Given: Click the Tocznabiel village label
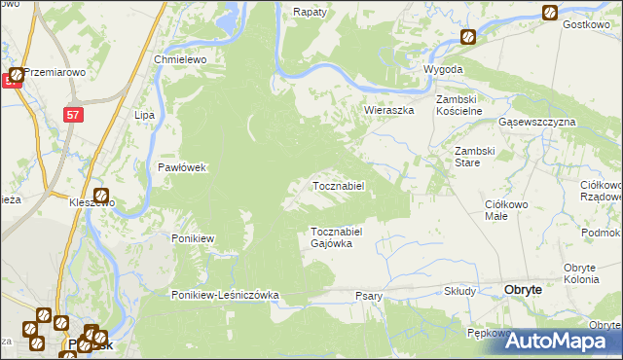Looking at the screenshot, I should [338, 186].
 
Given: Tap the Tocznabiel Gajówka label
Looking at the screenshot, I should [337, 237].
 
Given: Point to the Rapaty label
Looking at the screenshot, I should [311, 13].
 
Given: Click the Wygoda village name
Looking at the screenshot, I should [443, 71].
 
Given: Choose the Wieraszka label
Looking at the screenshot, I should [389, 110].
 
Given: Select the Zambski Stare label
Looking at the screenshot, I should [477, 157].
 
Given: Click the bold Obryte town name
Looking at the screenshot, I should [531, 289].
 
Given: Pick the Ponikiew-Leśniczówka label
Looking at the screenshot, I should [226, 295].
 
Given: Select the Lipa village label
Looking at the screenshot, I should [146, 115].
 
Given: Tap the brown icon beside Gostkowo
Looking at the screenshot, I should [550, 13].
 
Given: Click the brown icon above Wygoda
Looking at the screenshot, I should [468, 37].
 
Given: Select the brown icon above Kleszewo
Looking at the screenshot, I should [101, 196].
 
